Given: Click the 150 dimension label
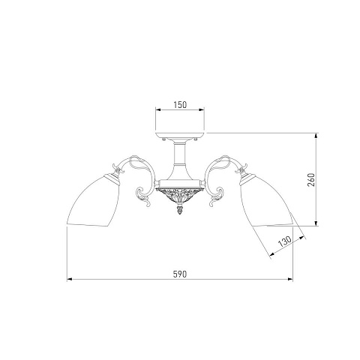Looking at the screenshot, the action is point(180,105).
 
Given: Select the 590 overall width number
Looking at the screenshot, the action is point(180,274).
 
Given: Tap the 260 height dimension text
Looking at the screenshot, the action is point(311,180).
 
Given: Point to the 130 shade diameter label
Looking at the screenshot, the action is point(285,241).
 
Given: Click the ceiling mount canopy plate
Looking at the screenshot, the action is point(180,136).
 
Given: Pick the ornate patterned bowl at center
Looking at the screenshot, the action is point(180,196).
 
